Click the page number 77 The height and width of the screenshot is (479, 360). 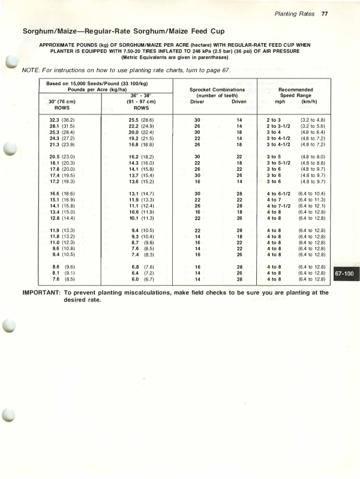[324, 14]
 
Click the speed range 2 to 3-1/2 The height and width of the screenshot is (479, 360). [278, 126]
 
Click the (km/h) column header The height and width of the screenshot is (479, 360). [311, 101]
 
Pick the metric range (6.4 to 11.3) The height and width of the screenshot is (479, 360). [311, 200]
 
